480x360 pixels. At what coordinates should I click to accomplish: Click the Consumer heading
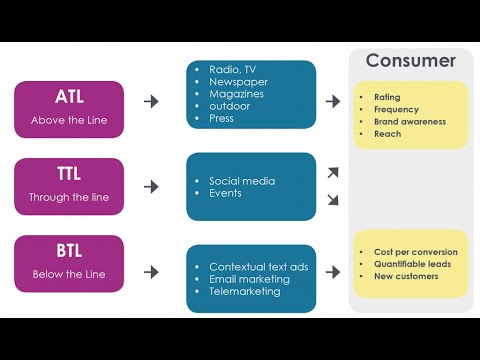tap(410, 61)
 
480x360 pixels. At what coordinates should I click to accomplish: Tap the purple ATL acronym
tap(69, 97)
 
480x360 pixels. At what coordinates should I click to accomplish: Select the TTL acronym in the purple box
tap(69, 172)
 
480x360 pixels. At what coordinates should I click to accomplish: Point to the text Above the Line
tap(69, 121)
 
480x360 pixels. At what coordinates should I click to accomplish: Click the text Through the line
tap(69, 197)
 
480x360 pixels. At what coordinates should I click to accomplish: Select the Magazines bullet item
tap(237, 93)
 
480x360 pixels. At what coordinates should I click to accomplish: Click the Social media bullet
tap(242, 181)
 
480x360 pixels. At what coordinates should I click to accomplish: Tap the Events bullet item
tap(225, 193)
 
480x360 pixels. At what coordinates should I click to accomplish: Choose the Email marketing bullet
tap(249, 279)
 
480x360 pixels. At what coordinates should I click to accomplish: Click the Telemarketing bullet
tap(246, 291)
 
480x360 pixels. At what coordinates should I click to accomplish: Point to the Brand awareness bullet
tap(409, 121)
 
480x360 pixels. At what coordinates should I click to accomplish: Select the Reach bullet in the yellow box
tap(387, 133)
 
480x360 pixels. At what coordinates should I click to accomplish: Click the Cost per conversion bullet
tap(415, 252)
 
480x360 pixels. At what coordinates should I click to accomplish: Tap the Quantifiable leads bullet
tap(413, 264)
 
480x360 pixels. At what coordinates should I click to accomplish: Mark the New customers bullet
tap(406, 276)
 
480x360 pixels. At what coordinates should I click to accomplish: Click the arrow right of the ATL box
tap(152, 101)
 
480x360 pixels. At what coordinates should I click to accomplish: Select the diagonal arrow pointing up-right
tap(333, 173)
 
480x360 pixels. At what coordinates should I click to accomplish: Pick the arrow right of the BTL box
tap(152, 271)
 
